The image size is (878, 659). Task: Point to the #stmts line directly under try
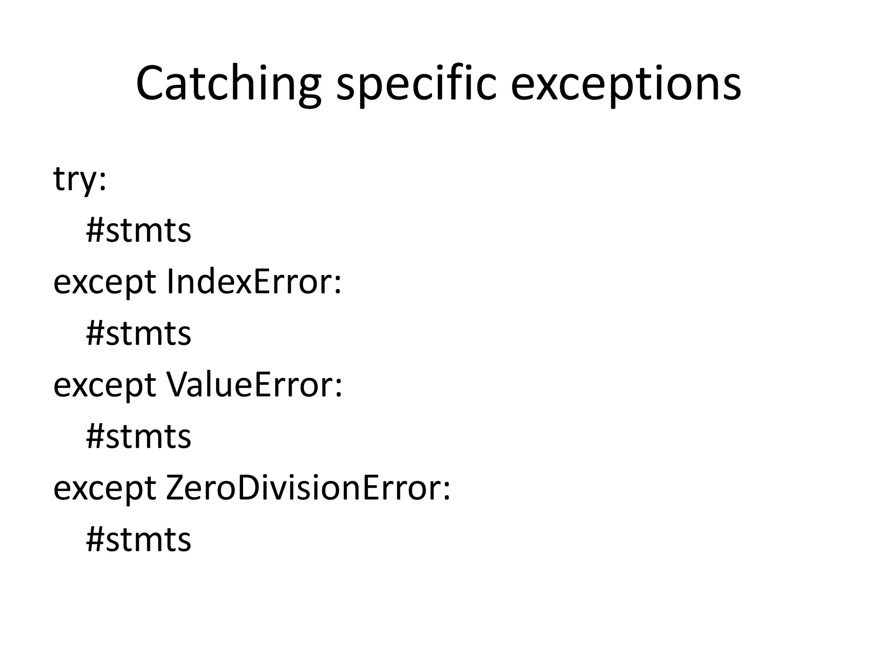coord(138,231)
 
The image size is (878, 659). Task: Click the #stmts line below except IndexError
coord(138,334)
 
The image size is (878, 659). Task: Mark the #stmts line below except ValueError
coord(138,437)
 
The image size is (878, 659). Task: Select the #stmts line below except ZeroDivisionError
coord(138,540)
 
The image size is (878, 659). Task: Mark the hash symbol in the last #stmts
coord(95,540)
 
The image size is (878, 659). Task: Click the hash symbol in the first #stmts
coord(95,231)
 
